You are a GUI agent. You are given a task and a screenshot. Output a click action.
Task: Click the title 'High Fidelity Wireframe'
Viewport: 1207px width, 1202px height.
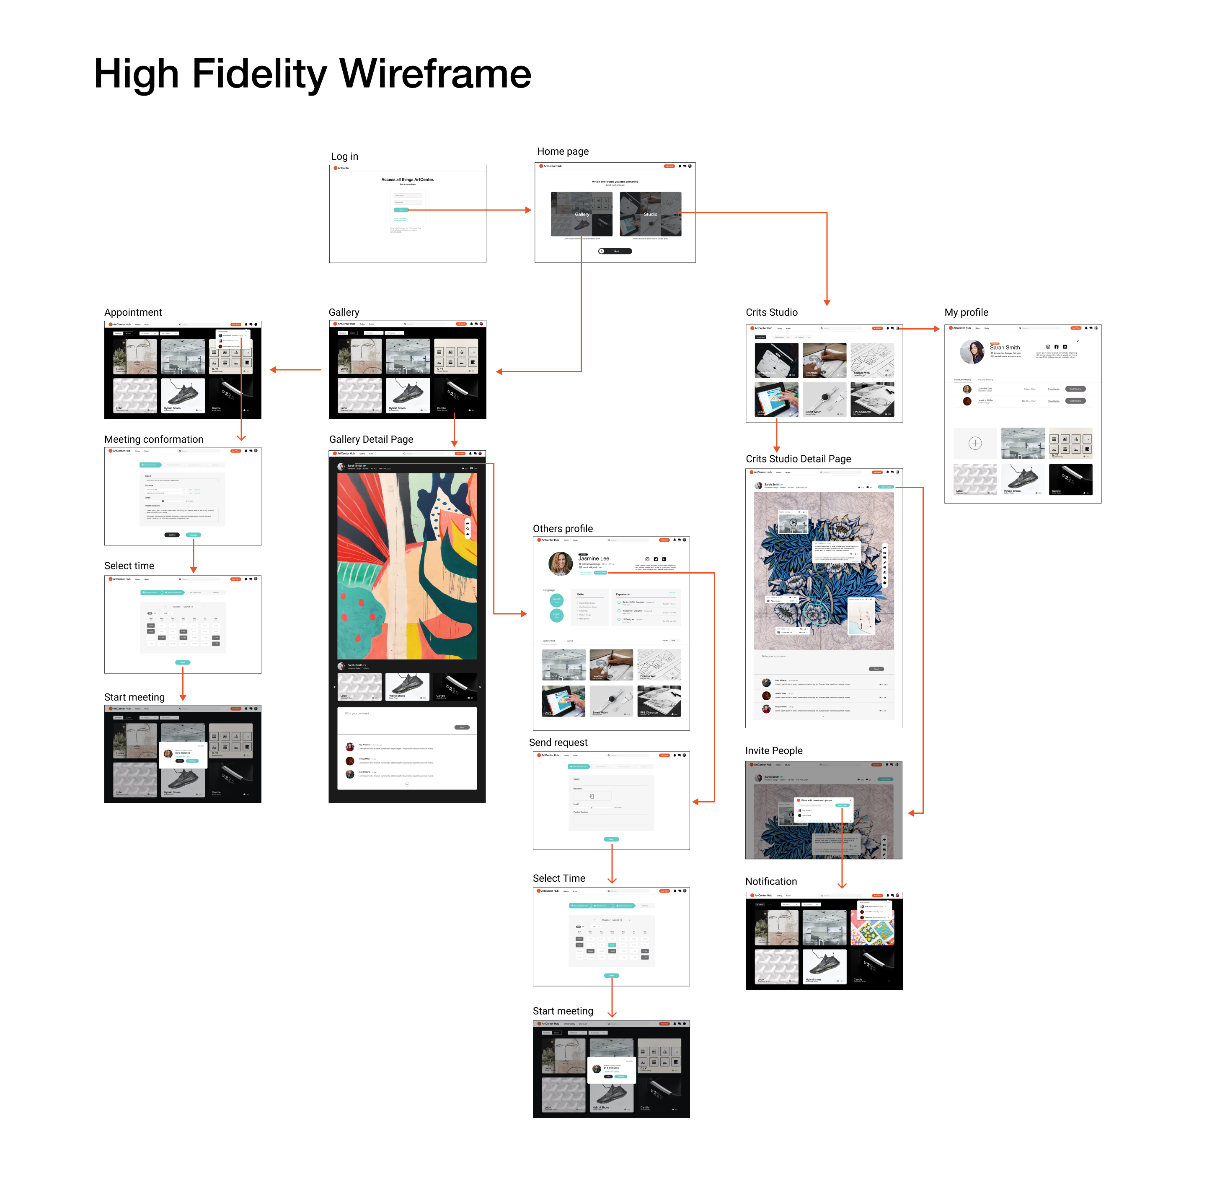(x=313, y=74)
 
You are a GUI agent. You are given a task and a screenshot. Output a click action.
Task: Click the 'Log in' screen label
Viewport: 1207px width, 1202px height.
(x=344, y=156)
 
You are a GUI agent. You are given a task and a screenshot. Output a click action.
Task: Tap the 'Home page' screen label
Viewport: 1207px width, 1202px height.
(x=563, y=151)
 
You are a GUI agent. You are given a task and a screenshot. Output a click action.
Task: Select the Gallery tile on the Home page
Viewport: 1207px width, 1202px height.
(x=581, y=214)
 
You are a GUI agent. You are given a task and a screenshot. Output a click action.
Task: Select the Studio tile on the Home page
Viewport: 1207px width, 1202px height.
(x=650, y=214)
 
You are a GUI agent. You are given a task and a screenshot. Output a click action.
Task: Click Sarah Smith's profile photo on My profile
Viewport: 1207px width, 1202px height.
(x=972, y=352)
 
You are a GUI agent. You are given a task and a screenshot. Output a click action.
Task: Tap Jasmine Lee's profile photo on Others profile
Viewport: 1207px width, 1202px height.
(x=561, y=564)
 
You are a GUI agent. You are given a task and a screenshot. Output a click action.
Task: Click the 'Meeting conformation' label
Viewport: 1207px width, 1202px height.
(x=154, y=439)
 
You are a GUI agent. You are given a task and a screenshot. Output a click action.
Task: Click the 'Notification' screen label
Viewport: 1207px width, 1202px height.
(x=771, y=881)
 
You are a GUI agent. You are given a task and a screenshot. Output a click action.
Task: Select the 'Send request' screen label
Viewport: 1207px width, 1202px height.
(x=558, y=742)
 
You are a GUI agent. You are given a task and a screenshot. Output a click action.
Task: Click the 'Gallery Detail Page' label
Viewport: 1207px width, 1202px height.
(x=371, y=439)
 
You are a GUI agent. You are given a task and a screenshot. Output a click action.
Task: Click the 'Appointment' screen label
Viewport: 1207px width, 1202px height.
(x=133, y=312)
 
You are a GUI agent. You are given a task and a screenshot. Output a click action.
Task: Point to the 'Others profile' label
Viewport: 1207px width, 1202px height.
(x=562, y=529)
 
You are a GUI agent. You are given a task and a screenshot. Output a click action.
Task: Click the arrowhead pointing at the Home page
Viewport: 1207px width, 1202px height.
(x=529, y=210)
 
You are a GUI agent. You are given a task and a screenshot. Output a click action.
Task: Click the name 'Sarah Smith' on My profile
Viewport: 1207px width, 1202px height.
(x=1005, y=348)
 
